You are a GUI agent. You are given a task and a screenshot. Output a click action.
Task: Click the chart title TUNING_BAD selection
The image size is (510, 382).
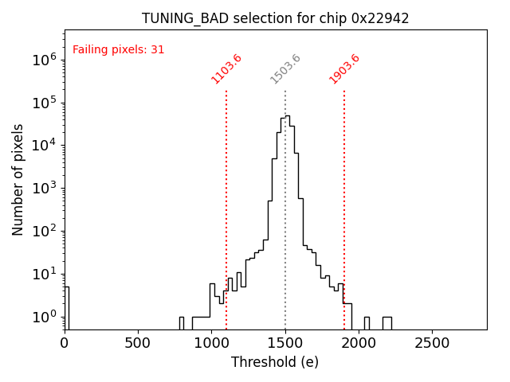coord(275,18)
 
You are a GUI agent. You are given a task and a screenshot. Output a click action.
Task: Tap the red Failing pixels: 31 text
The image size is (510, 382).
coord(118,49)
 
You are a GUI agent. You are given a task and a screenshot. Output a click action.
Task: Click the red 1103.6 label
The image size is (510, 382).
coord(226,69)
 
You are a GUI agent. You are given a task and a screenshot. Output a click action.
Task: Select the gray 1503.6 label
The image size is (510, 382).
coord(285,69)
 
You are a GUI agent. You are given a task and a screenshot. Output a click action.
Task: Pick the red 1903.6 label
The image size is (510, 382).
coord(344,69)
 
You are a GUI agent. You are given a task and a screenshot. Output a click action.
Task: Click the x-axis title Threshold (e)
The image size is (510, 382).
coord(275,362)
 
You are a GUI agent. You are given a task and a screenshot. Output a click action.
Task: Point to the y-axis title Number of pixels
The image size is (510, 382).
coord(18,179)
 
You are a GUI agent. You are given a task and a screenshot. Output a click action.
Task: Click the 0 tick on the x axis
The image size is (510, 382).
coord(65,344)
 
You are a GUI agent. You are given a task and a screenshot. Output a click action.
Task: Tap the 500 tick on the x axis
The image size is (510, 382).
coord(138,344)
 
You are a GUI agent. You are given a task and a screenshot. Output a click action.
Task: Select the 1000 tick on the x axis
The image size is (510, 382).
coord(211,344)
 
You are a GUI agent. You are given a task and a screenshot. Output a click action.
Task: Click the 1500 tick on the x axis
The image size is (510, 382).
coord(284,344)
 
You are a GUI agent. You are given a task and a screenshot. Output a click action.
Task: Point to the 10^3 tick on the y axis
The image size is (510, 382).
coord(43,188)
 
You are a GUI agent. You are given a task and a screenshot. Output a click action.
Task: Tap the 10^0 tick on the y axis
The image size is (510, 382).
coord(43,317)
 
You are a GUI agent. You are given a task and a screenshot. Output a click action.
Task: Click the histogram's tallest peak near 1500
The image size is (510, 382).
coord(287,116)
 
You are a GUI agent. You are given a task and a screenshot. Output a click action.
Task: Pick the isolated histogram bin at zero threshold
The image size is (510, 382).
coord(66,306)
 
